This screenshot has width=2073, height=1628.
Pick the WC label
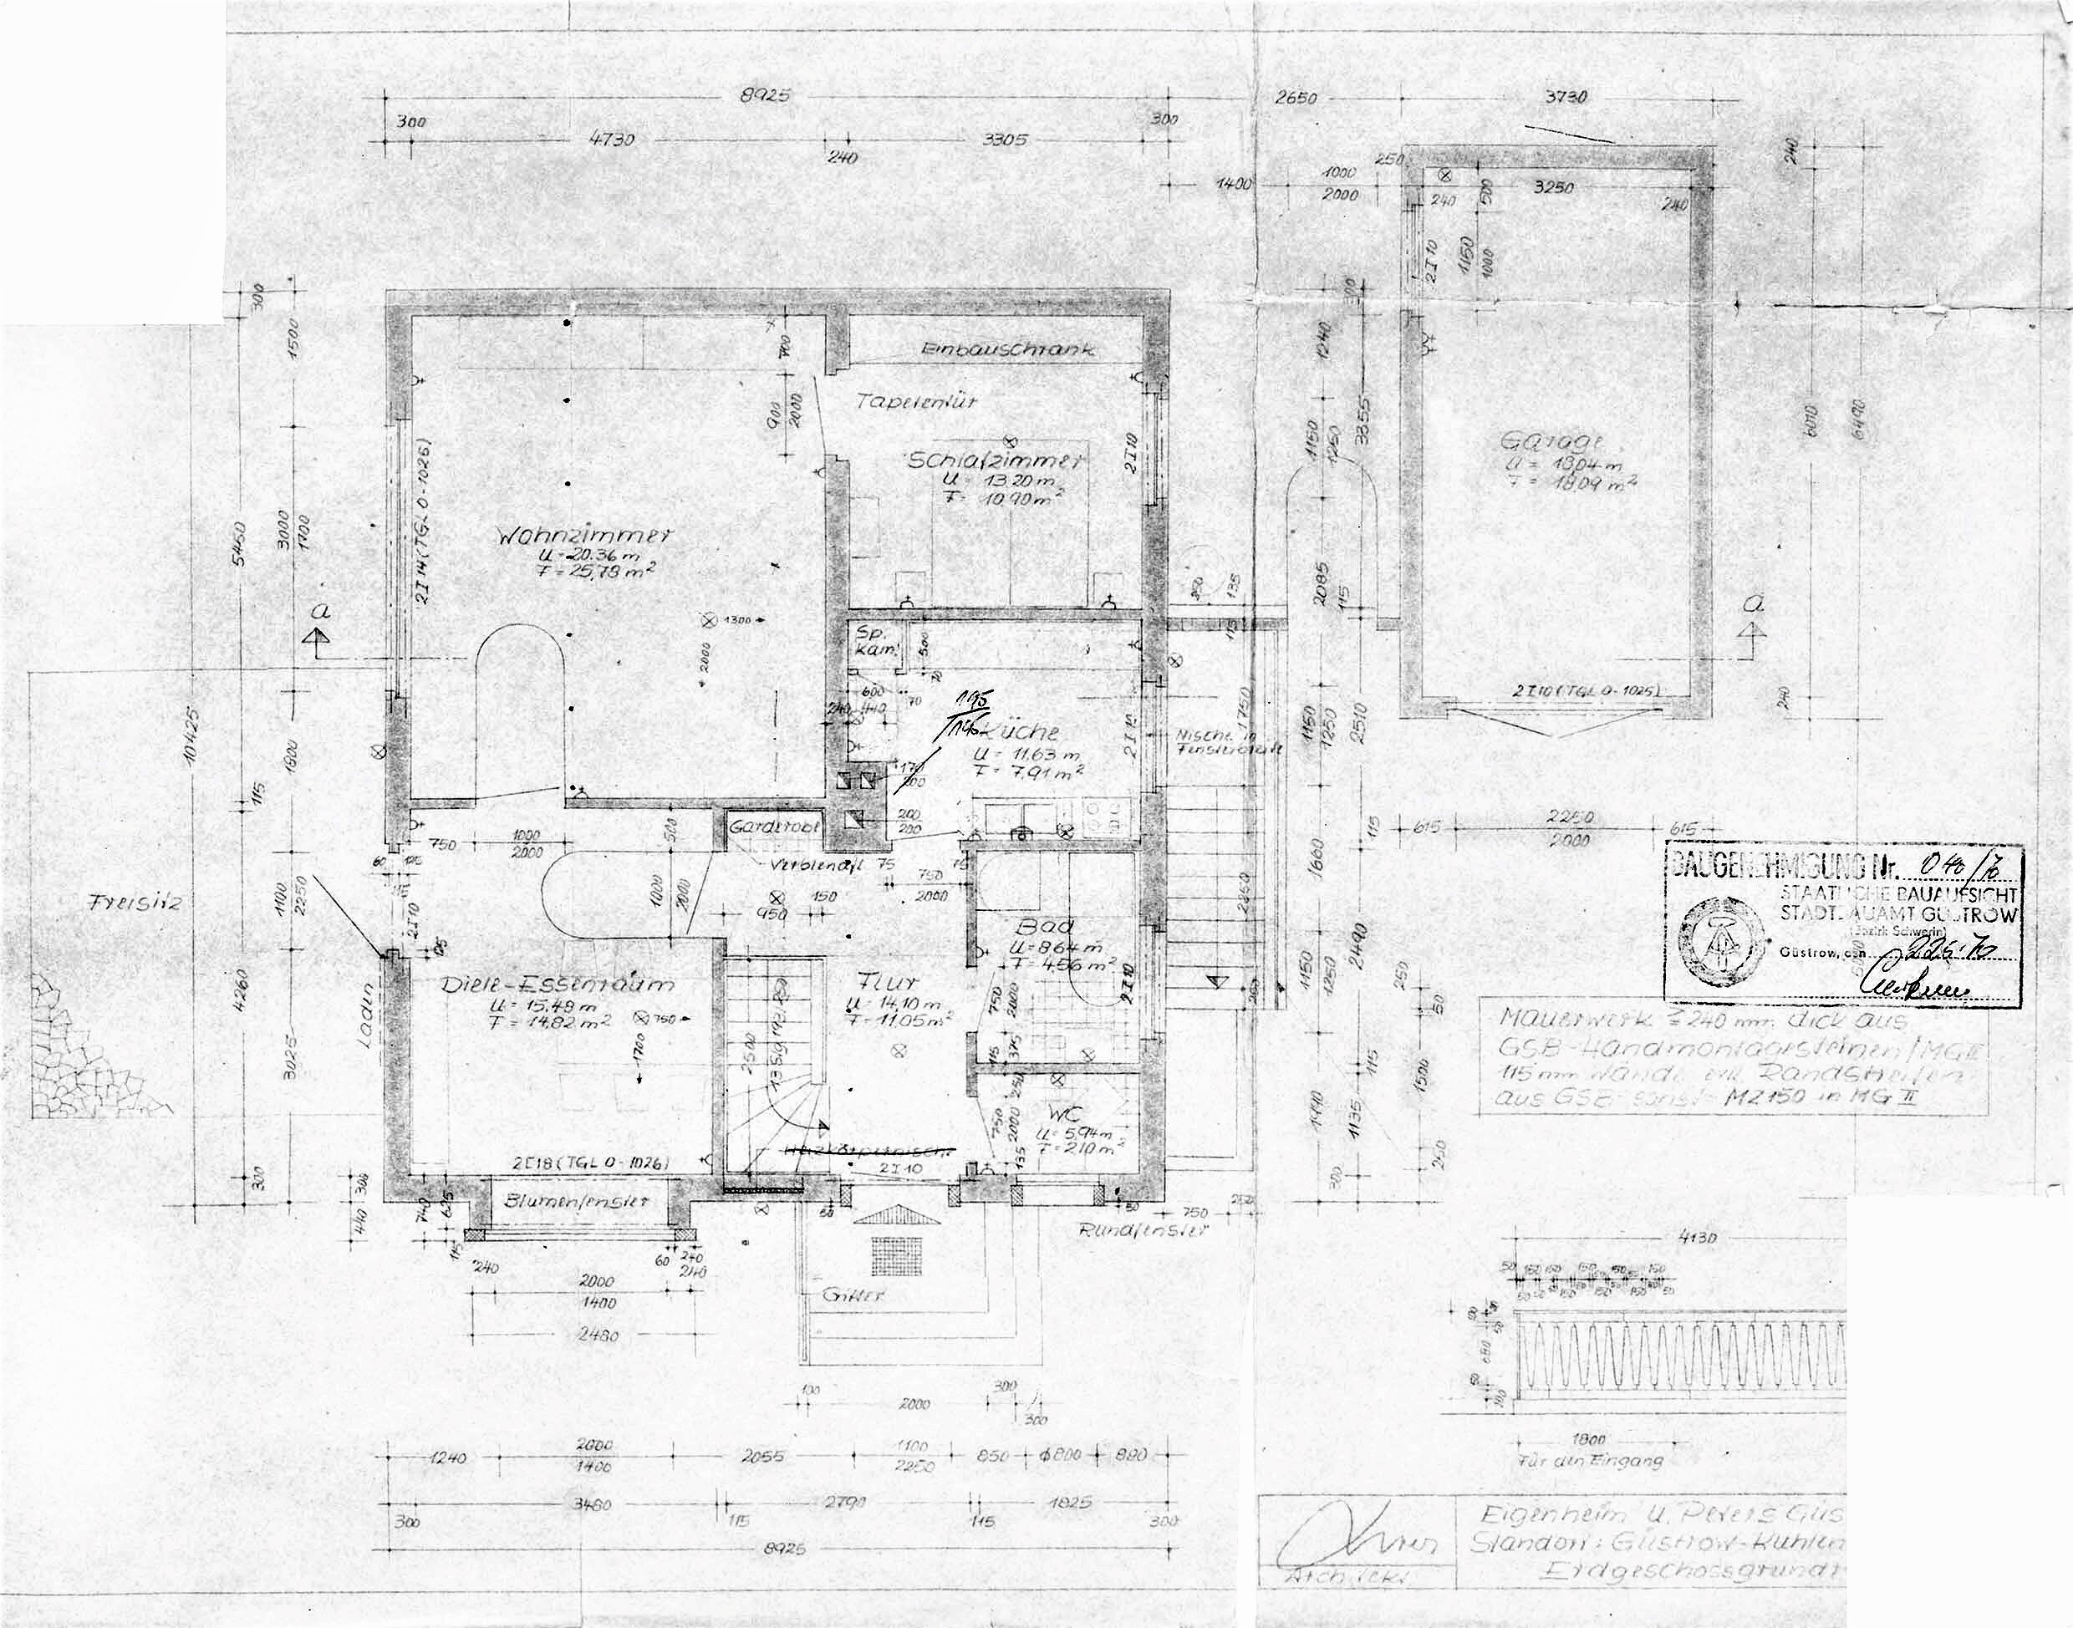1063,1113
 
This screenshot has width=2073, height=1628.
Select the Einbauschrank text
1008,350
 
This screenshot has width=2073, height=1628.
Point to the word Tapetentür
916,402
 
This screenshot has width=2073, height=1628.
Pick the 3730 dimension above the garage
1564,97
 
